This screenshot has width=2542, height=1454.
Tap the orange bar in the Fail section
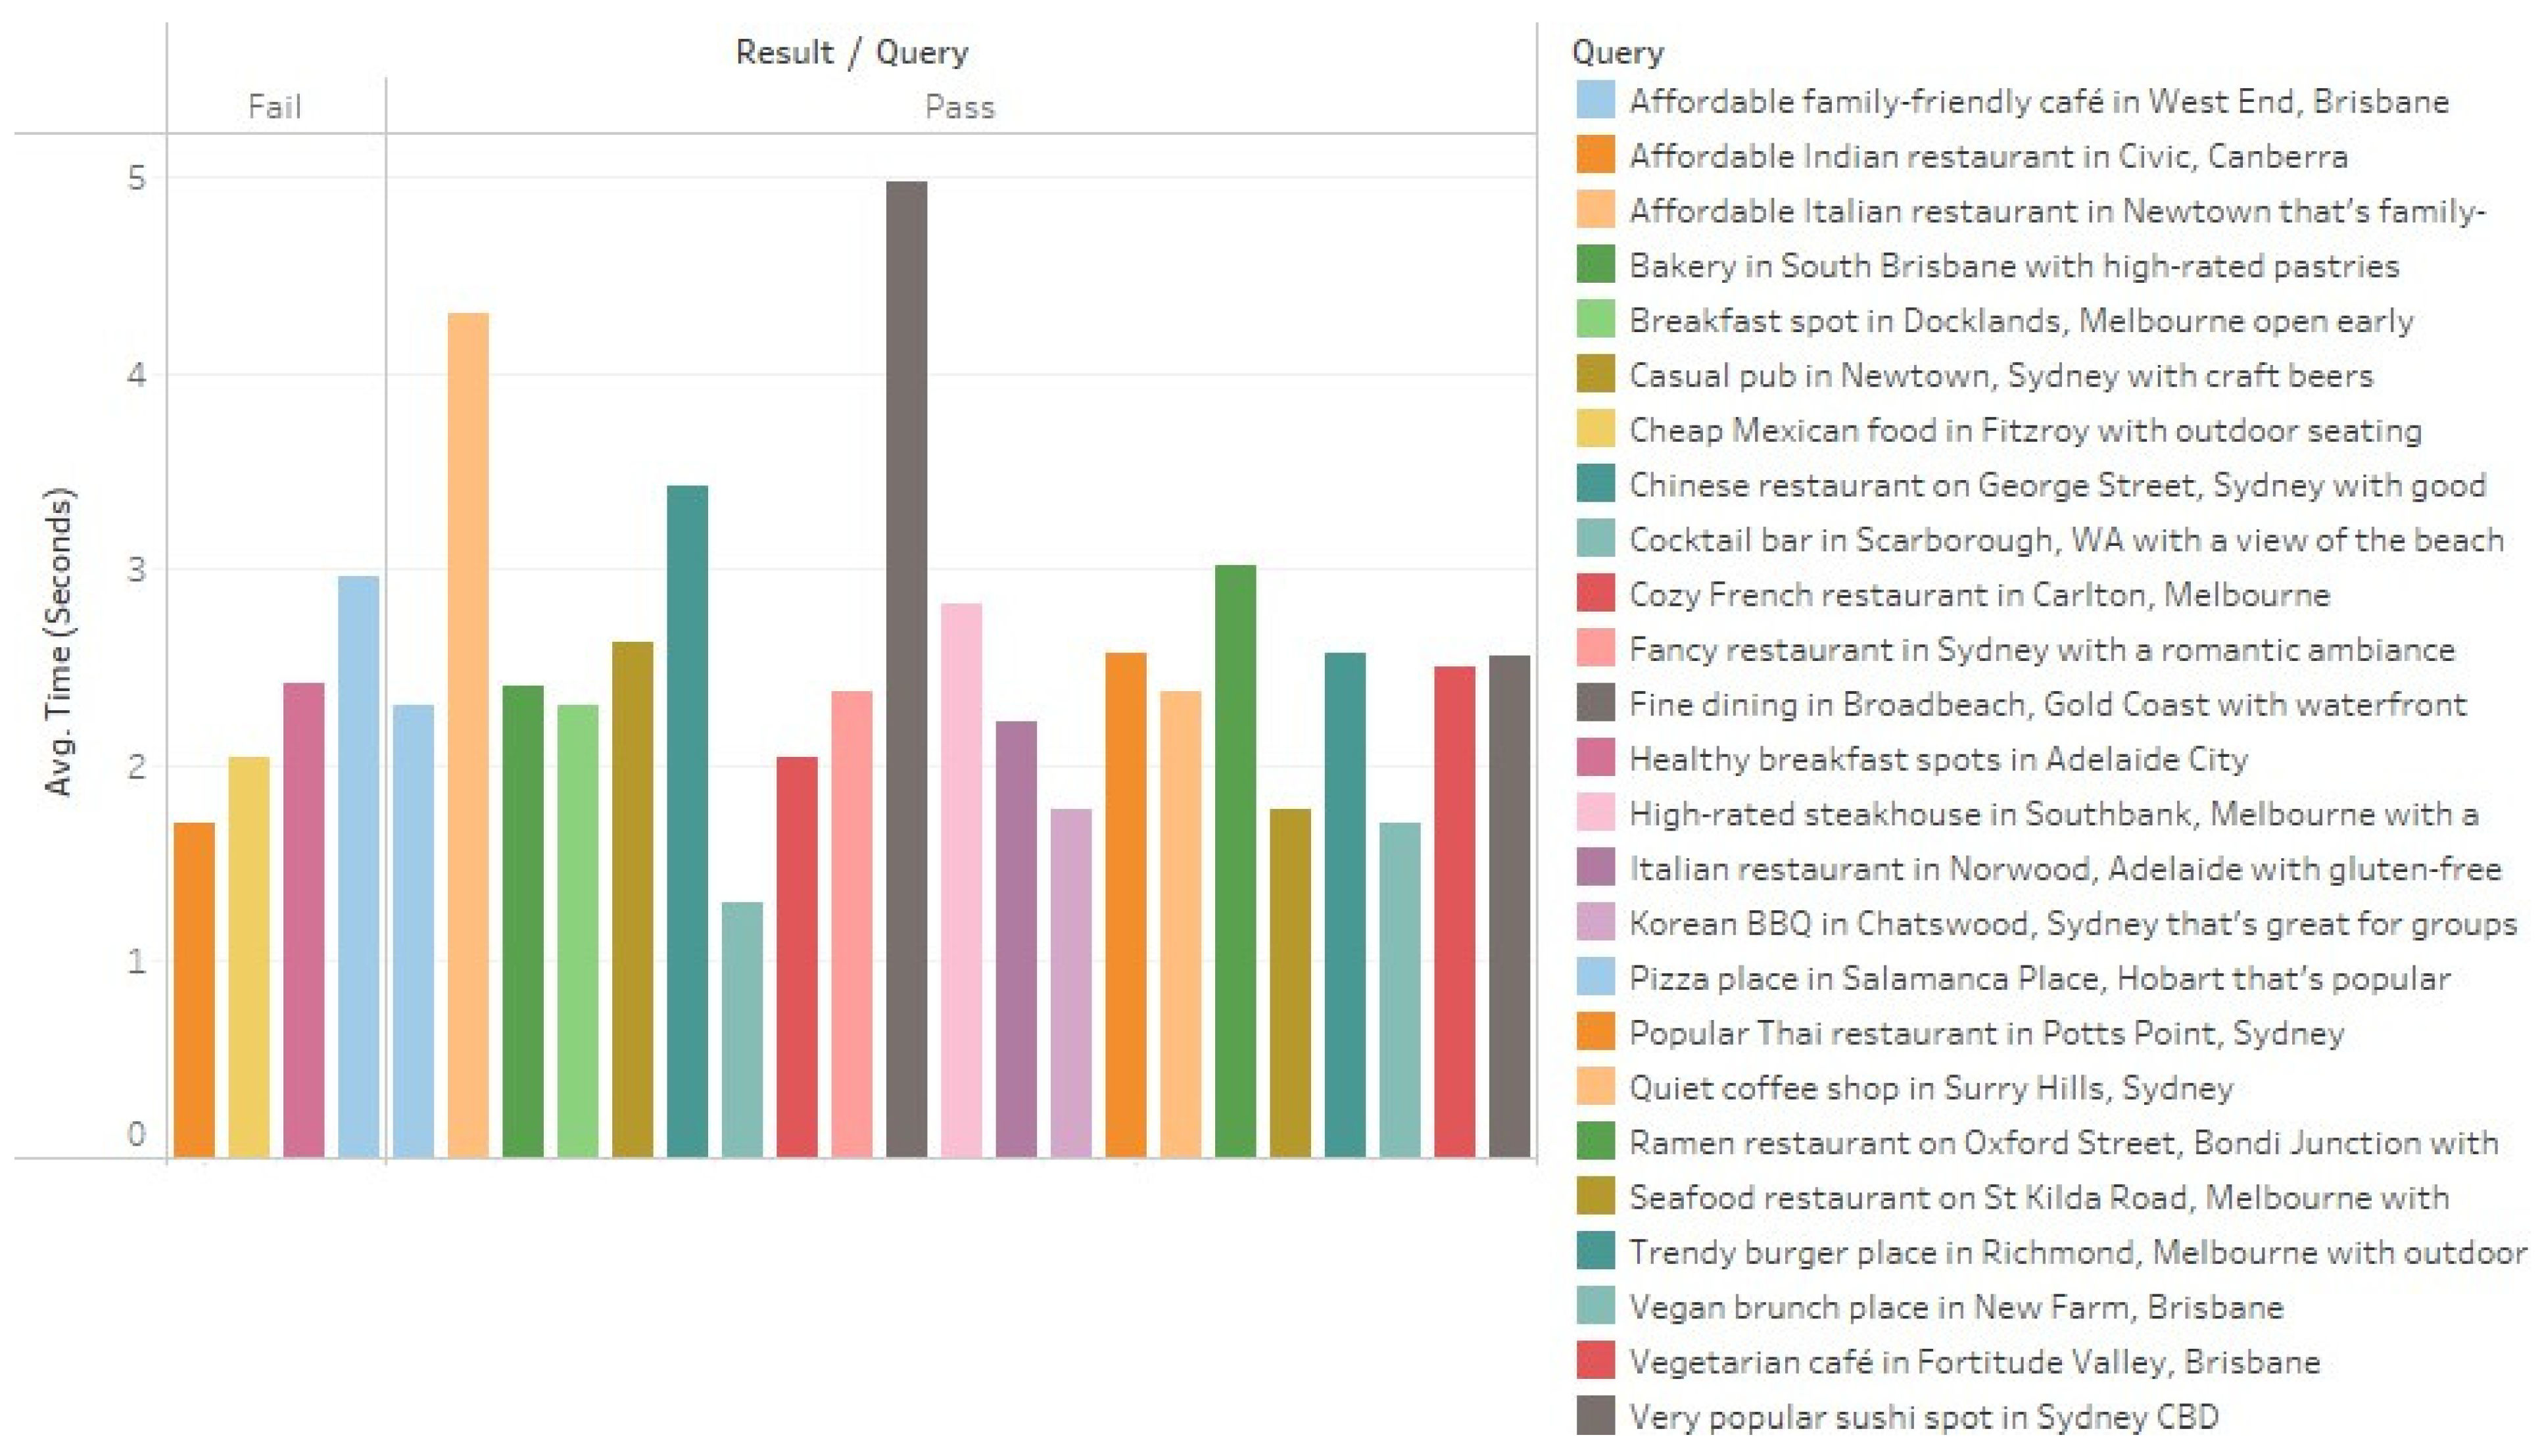click(194, 988)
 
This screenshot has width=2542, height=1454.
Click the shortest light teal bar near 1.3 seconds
click(742, 1029)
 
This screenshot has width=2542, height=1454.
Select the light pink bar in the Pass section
click(961, 879)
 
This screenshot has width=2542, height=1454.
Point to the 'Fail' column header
click(275, 107)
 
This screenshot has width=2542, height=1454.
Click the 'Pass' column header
click(959, 107)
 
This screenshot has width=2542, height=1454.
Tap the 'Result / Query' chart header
click(851, 52)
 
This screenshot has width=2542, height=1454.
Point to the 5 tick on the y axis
click(137, 179)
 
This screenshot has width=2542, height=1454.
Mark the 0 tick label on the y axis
click(137, 1134)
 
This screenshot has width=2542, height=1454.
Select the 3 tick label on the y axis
click(137, 570)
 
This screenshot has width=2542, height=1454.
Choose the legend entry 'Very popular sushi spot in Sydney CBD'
click(1923, 1416)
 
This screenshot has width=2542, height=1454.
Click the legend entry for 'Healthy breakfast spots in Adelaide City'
click(1938, 759)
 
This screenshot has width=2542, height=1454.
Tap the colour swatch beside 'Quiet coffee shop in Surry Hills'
click(1595, 1088)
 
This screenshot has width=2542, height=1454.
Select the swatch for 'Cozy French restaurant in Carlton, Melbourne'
click(1595, 594)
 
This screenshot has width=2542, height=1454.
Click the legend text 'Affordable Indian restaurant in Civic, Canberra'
click(1988, 156)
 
